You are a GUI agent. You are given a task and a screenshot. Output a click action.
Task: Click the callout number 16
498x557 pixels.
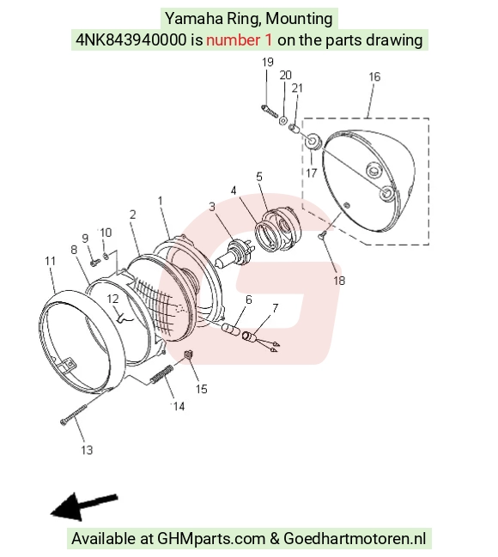coord(374,76)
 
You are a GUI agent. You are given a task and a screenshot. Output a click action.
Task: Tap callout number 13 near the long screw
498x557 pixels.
coord(87,450)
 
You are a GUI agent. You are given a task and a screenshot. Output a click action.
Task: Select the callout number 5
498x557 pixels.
coord(259,177)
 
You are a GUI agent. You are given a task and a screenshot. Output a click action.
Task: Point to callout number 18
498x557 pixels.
coord(339,281)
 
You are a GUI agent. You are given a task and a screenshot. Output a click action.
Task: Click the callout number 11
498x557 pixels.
coord(51,261)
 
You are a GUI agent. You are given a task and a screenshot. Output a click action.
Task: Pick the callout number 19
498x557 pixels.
coord(268,62)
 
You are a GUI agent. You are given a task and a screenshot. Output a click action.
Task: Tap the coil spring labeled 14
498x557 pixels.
coord(161,375)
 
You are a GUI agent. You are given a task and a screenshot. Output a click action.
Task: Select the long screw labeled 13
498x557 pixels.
coord(74,415)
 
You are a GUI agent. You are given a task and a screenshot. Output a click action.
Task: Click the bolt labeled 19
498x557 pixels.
coord(270,112)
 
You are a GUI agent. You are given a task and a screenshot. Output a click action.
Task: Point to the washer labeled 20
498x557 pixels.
coord(283,120)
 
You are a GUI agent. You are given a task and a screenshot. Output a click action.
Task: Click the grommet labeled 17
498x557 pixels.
coord(313,142)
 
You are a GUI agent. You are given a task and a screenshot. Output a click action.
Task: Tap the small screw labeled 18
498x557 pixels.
coord(323,234)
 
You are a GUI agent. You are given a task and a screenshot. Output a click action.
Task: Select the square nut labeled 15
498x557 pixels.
coord(189,354)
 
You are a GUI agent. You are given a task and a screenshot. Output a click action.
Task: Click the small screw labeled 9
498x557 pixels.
coord(95,263)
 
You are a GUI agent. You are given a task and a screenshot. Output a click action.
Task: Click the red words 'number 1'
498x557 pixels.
coord(240,39)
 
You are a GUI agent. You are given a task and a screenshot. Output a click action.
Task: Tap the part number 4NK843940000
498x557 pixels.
coord(131,39)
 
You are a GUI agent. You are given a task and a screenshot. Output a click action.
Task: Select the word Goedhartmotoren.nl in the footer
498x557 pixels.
coord(355,538)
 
